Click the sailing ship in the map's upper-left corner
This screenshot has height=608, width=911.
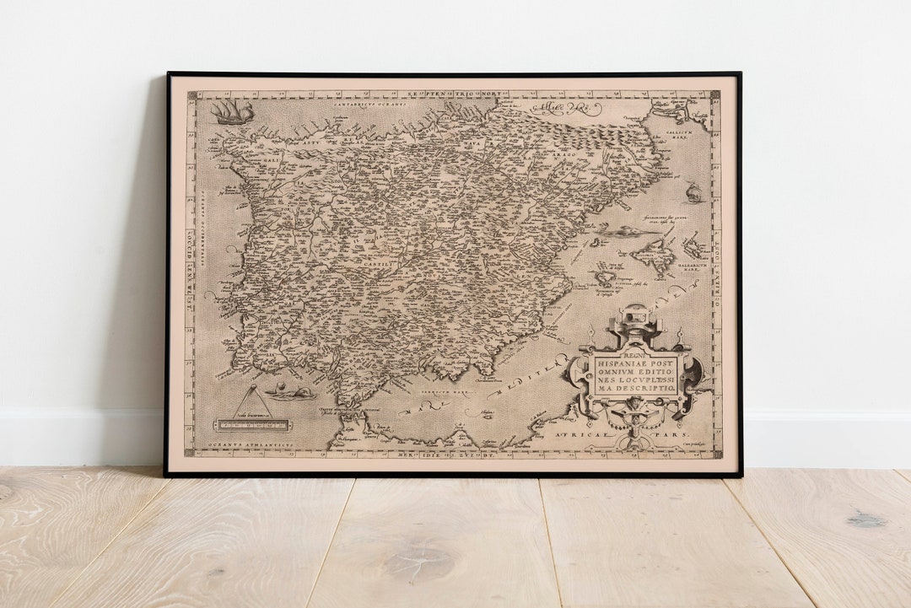(234, 111)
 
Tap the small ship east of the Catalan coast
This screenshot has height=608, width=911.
(693, 193)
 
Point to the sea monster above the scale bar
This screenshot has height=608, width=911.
(289, 392)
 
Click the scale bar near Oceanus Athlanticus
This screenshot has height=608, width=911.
(252, 425)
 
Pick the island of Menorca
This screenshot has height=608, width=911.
(694, 247)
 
